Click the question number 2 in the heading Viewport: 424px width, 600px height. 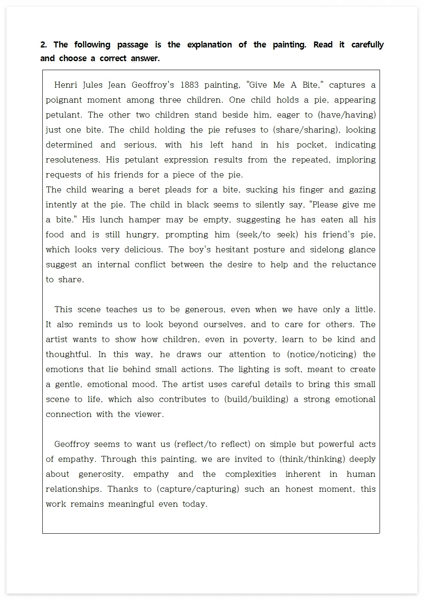43,45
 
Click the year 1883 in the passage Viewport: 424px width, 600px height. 189,85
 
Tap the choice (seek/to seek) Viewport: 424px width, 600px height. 265,234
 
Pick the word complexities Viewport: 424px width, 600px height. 250,474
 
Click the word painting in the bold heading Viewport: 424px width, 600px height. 289,45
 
